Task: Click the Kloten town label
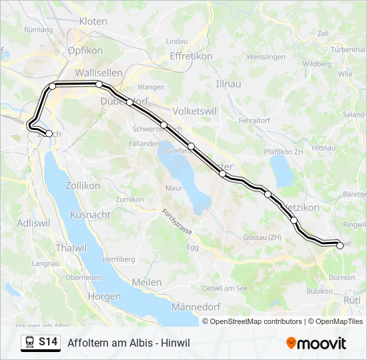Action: coord(93,21)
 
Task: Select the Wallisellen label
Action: coord(98,73)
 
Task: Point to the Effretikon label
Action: coord(191,56)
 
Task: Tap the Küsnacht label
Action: coord(90,215)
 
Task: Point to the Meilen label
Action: coord(147,282)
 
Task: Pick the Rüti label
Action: coord(351,301)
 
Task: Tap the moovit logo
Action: coord(316,343)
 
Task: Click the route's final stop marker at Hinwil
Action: coord(340,245)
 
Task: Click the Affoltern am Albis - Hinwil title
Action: coord(129,343)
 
